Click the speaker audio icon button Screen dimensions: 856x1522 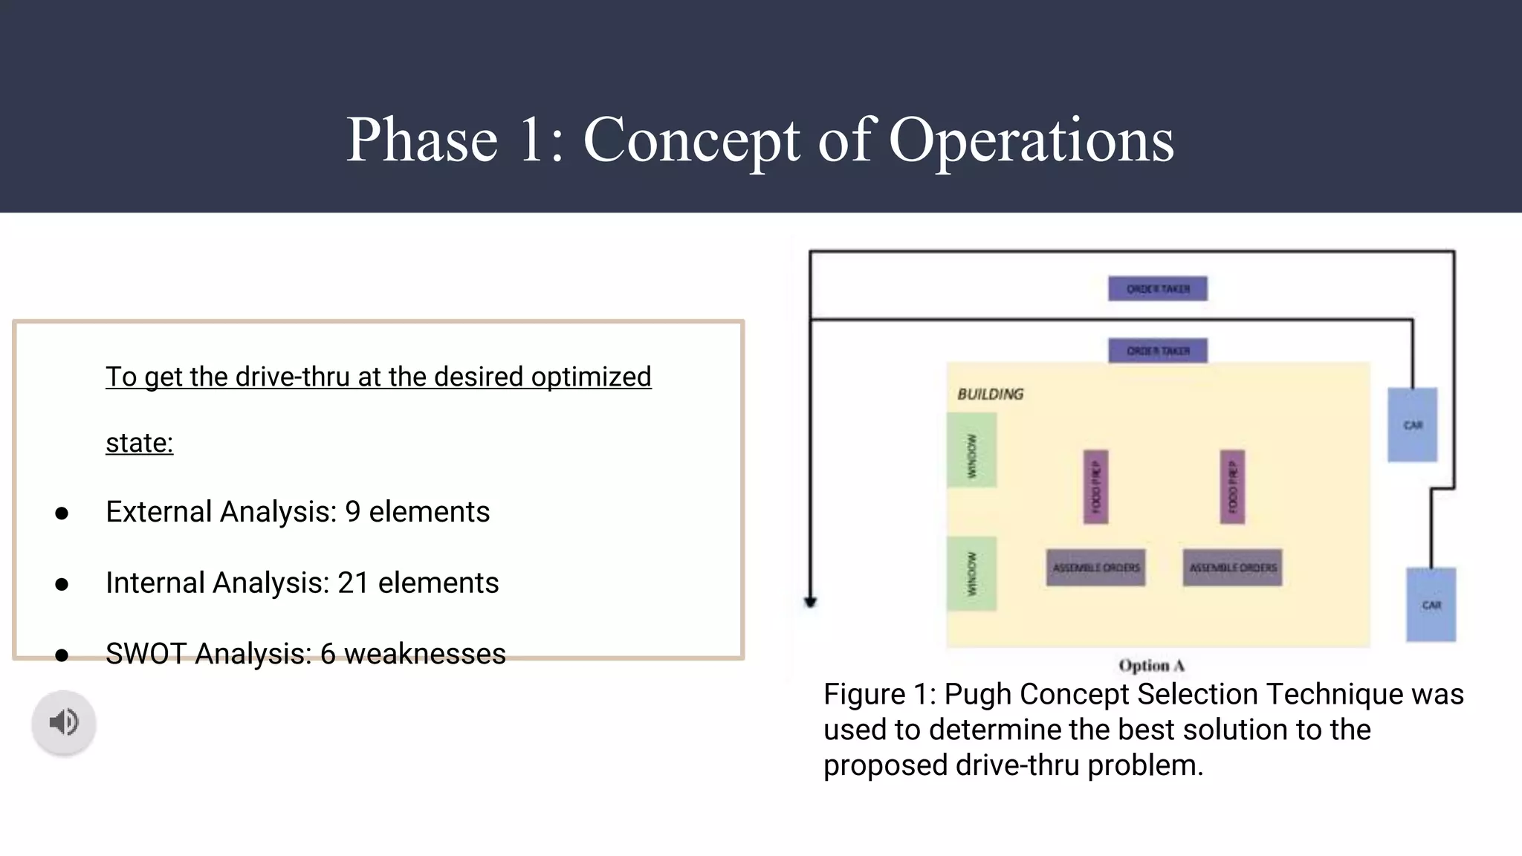pyautogui.click(x=64, y=722)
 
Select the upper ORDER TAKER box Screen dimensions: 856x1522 pyautogui.click(x=1157, y=288)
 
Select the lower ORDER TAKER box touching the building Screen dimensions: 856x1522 pyautogui.click(x=1157, y=350)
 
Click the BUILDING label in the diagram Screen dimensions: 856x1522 pyautogui.click(x=990, y=394)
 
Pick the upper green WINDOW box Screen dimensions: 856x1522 pyautogui.click(x=971, y=450)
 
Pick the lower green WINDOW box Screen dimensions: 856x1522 pyautogui.click(x=971, y=574)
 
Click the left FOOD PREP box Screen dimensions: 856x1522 pyautogui.click(x=1095, y=487)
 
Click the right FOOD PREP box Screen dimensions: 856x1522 pyautogui.click(x=1232, y=487)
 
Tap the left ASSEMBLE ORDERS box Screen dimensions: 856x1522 pyautogui.click(x=1095, y=568)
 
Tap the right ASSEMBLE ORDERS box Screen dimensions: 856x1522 pyautogui.click(x=1232, y=568)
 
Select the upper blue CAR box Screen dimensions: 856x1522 pyautogui.click(x=1412, y=425)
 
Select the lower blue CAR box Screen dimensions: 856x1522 pyautogui.click(x=1431, y=605)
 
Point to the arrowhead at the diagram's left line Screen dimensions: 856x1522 pyautogui.click(x=811, y=602)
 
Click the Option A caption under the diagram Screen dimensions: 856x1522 pyautogui.click(x=1151, y=665)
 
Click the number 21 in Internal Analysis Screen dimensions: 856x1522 pyautogui.click(x=353, y=583)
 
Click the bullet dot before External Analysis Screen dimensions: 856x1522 pyautogui.click(x=62, y=513)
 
